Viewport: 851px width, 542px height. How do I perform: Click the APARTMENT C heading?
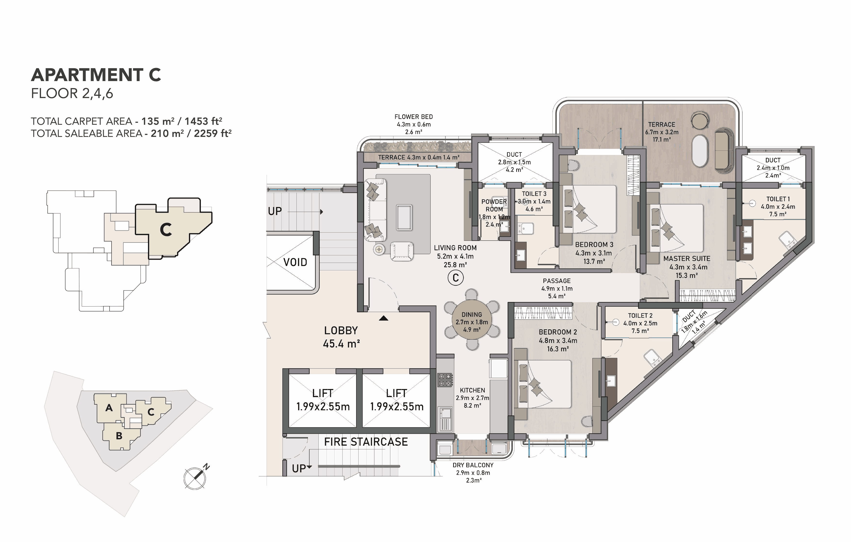click(x=96, y=75)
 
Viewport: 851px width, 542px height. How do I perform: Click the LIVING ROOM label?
click(x=455, y=248)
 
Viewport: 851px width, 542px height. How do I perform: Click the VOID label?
click(x=295, y=262)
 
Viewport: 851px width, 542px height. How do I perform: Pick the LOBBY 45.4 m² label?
click(x=341, y=337)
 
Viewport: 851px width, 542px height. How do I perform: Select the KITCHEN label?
click(x=473, y=390)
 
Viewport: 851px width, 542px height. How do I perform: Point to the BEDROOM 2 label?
click(x=558, y=332)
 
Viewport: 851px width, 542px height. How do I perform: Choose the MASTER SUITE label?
click(x=687, y=258)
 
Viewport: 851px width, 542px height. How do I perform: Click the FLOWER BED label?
click(x=413, y=117)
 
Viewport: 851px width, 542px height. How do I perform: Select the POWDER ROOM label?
click(x=494, y=205)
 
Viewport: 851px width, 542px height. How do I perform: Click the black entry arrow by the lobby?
click(x=384, y=318)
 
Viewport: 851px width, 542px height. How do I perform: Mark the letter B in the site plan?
click(x=119, y=436)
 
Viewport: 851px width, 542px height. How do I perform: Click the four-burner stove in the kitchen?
click(x=445, y=380)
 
